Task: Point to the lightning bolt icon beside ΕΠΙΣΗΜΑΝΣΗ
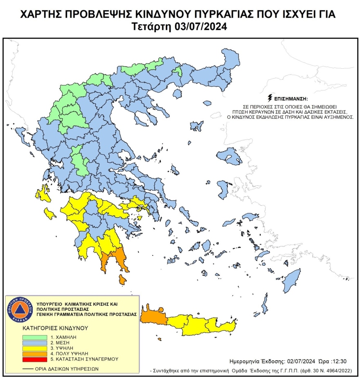269,98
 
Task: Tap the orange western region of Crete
153,316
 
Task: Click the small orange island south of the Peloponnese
122,280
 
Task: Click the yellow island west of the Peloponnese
50,213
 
